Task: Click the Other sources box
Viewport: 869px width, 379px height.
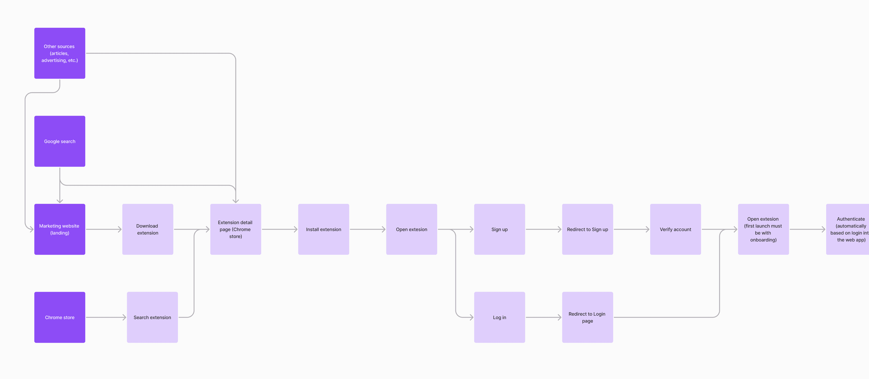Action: click(x=60, y=53)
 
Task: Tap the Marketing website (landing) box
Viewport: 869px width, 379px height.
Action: click(x=60, y=229)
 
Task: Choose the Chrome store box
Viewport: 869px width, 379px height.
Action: click(x=60, y=317)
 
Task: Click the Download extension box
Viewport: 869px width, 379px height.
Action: click(x=148, y=229)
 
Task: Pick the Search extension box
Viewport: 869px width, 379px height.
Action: click(x=152, y=317)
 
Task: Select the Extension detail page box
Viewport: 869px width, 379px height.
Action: click(x=235, y=229)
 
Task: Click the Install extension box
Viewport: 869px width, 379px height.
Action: click(x=324, y=229)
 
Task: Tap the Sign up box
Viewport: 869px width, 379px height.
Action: click(x=499, y=229)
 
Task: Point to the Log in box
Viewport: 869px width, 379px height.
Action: click(x=499, y=317)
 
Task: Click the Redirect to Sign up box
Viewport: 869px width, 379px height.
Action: click(x=587, y=229)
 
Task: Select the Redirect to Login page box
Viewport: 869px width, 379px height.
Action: click(x=587, y=317)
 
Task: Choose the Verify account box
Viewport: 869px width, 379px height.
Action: click(x=675, y=229)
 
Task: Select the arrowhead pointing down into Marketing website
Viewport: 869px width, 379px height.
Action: click(x=60, y=201)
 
